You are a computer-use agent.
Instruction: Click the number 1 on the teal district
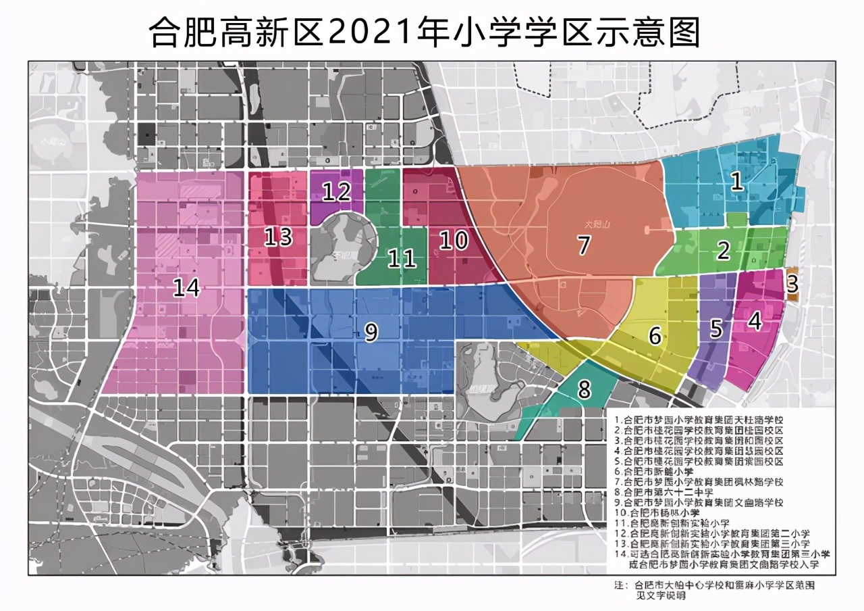pyautogui.click(x=737, y=180)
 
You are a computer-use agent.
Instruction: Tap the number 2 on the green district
pyautogui.click(x=724, y=251)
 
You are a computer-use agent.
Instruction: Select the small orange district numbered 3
pyautogui.click(x=792, y=283)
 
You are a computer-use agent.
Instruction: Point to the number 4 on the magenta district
pyautogui.click(x=755, y=321)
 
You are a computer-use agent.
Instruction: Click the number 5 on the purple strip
pyautogui.click(x=716, y=329)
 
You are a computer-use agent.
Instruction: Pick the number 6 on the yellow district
pyautogui.click(x=655, y=336)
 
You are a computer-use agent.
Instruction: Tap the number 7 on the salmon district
pyautogui.click(x=584, y=245)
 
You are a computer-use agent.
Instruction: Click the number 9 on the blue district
pyautogui.click(x=371, y=331)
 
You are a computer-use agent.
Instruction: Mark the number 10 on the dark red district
pyautogui.click(x=453, y=239)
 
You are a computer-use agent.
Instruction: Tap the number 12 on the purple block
pyautogui.click(x=335, y=192)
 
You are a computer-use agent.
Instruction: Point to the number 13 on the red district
pyautogui.click(x=277, y=237)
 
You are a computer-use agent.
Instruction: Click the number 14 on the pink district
pyautogui.click(x=186, y=287)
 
